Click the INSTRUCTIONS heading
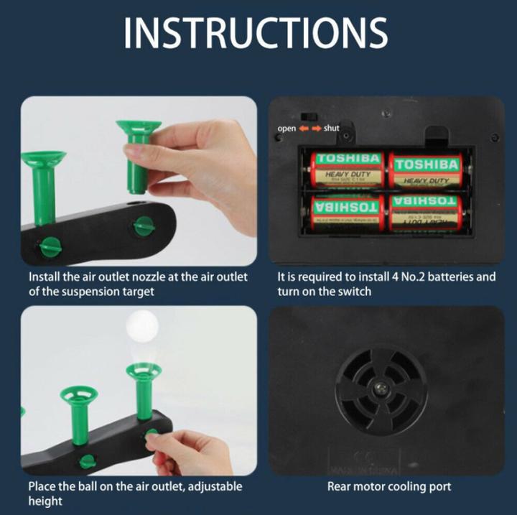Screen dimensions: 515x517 click(x=256, y=33)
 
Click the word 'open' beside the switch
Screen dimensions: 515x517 click(x=287, y=129)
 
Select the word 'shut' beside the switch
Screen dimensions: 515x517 click(x=332, y=129)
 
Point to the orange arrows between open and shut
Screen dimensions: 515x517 click(x=309, y=129)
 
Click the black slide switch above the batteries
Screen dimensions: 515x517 click(x=309, y=115)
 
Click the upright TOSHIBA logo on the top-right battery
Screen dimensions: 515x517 click(x=427, y=164)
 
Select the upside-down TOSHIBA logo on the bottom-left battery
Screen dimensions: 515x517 click(x=347, y=205)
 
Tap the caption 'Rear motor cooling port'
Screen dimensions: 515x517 click(x=389, y=487)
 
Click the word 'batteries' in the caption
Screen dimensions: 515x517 click(x=449, y=277)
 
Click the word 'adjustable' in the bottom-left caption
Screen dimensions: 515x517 click(x=215, y=487)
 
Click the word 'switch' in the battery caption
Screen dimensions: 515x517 click(x=356, y=292)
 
